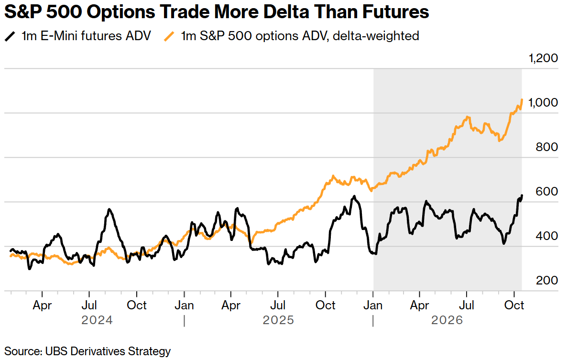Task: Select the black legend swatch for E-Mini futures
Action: click(10, 36)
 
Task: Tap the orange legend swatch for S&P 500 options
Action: click(169, 36)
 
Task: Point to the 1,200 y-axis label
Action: click(543, 58)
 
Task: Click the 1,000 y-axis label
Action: click(543, 102)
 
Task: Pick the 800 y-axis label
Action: click(546, 147)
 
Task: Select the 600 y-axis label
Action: click(546, 191)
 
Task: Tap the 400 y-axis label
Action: click(546, 236)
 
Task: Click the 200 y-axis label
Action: click(546, 280)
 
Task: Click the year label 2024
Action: click(97, 320)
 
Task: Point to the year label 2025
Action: click(278, 320)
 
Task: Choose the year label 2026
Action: click(447, 320)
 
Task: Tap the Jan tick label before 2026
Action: click(373, 305)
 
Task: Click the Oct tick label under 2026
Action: click(514, 305)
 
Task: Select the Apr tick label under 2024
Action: click(42, 305)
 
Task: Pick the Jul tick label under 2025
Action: click(278, 305)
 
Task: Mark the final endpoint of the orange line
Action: click(522, 99)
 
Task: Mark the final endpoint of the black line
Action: click(522, 196)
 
